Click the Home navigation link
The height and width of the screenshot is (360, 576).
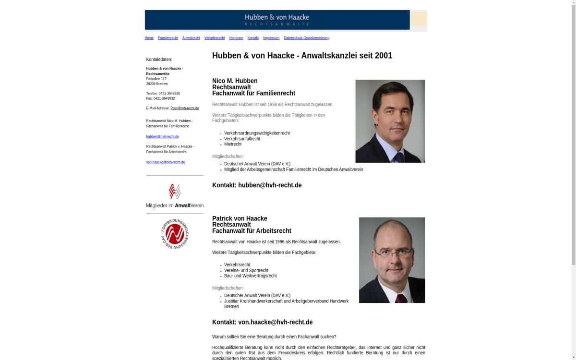pos(149,38)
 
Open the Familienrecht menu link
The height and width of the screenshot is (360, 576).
pos(168,38)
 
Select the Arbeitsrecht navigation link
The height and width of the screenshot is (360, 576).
pos(191,38)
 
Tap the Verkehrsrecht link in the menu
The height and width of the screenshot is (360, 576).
pos(215,38)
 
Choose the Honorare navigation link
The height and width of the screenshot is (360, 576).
pos(236,38)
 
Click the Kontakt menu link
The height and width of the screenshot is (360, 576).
pos(253,38)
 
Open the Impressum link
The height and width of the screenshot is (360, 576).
pos(271,38)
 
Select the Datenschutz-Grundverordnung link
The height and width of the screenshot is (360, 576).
pos(307,38)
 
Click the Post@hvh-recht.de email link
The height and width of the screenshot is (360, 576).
pos(185,108)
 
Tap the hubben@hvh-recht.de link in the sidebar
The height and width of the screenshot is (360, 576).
pos(163,137)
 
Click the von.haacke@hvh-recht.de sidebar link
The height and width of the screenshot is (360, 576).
pos(166,162)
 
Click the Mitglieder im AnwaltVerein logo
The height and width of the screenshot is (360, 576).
pos(175,196)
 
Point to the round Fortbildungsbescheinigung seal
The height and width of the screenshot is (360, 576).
pos(175,234)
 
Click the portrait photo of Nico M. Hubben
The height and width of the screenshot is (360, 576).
pos(390,121)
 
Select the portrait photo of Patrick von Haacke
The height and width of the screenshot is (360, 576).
pos(392,260)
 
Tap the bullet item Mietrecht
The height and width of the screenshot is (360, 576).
pos(233,144)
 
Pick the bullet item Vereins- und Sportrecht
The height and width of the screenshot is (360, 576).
pos(246,271)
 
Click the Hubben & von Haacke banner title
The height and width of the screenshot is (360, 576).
pos(277,18)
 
